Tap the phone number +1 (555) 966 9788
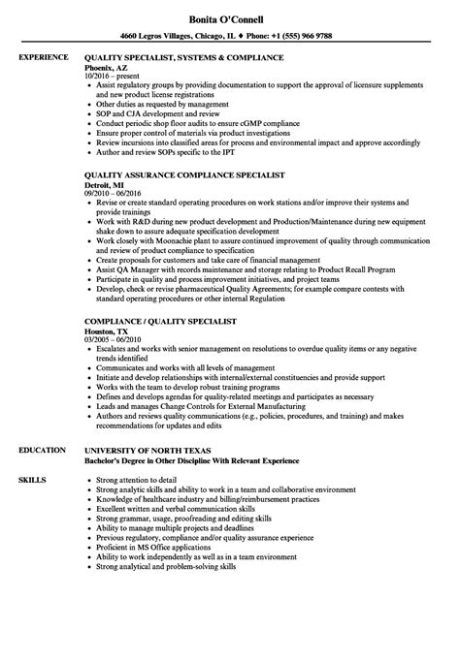click(292, 35)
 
